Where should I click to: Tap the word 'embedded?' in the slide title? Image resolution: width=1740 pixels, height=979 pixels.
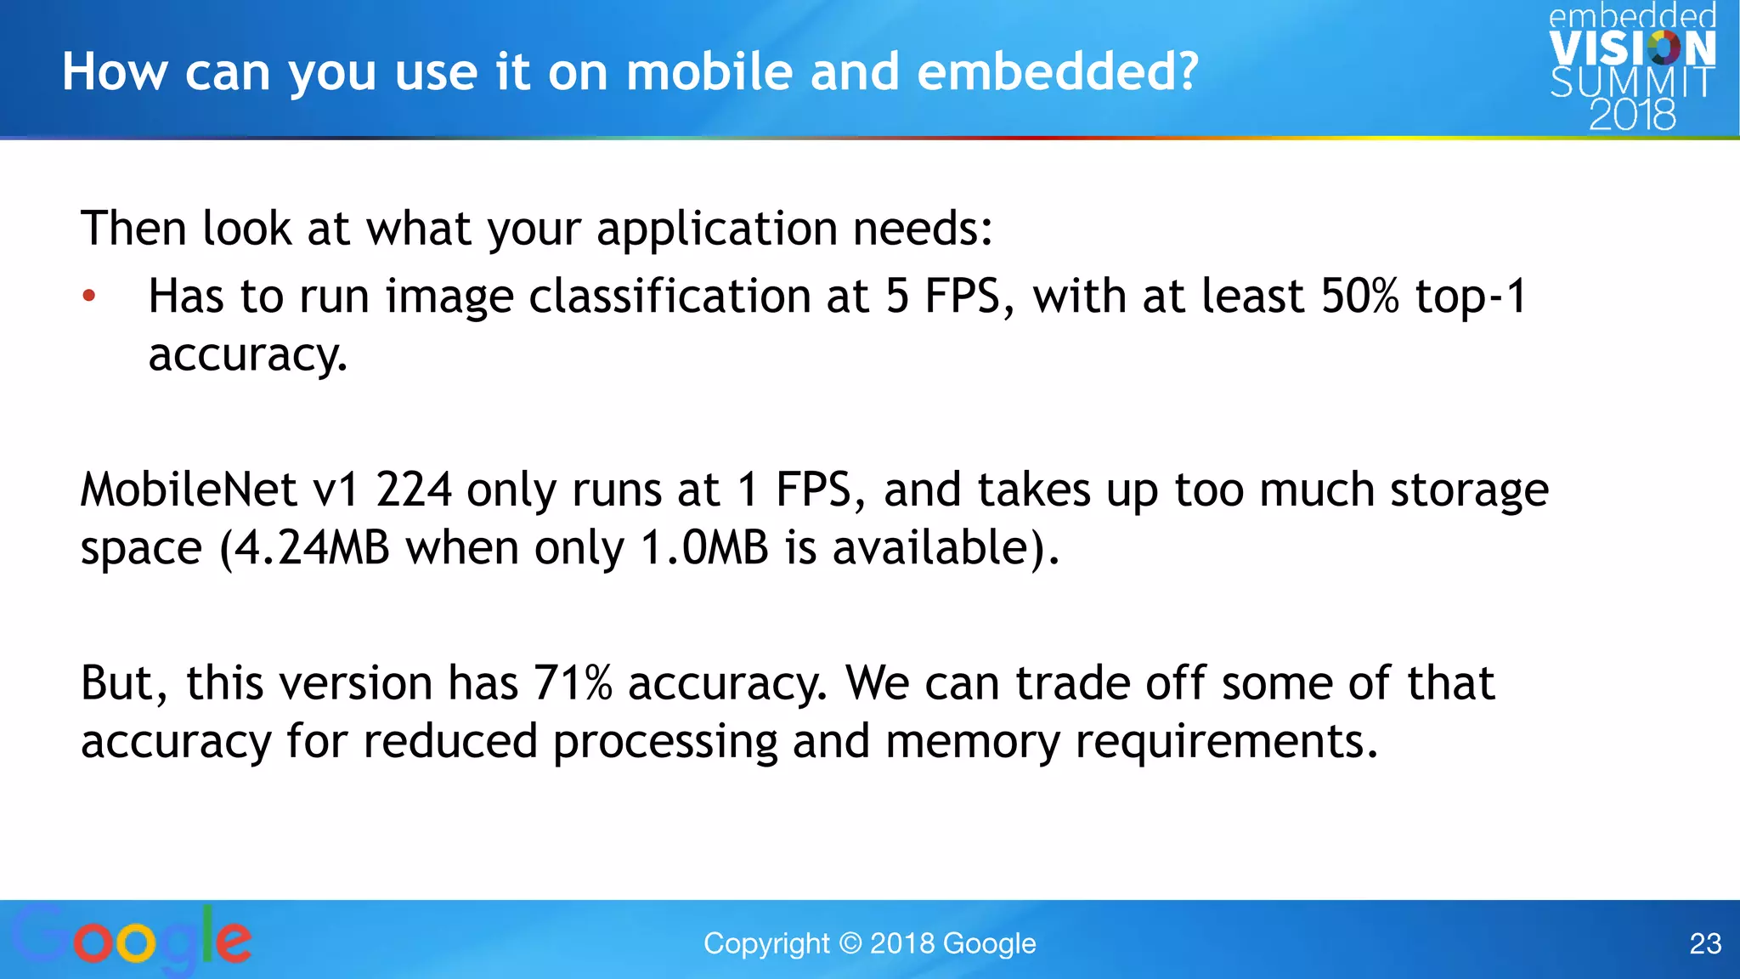tap(1058, 71)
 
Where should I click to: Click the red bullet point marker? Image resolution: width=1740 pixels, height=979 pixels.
tap(89, 297)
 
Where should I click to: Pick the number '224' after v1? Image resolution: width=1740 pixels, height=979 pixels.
tap(414, 490)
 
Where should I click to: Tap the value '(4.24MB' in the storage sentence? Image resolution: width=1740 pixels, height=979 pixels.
tap(304, 548)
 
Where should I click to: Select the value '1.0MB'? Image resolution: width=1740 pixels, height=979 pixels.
tap(704, 548)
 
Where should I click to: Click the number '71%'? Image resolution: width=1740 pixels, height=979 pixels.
tap(573, 683)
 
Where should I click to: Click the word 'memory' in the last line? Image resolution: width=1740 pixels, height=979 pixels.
tap(972, 742)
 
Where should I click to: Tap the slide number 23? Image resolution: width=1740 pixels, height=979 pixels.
tap(1705, 943)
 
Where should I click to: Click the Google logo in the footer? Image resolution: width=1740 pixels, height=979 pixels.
tap(132, 939)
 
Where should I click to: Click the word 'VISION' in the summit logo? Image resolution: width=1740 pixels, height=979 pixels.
tap(1632, 48)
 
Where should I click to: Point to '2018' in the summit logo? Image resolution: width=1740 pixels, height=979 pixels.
tap(1632, 115)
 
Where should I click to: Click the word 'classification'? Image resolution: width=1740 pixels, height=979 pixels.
tap(669, 297)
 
